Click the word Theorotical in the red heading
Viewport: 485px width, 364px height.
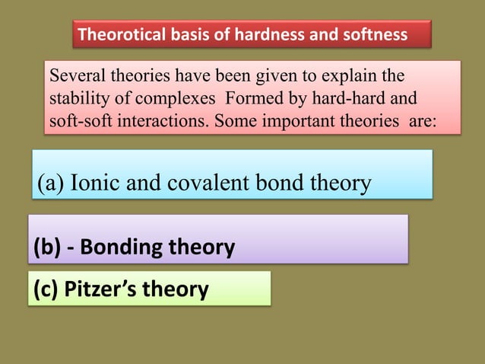pos(119,35)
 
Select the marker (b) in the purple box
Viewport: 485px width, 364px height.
pos(46,247)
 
